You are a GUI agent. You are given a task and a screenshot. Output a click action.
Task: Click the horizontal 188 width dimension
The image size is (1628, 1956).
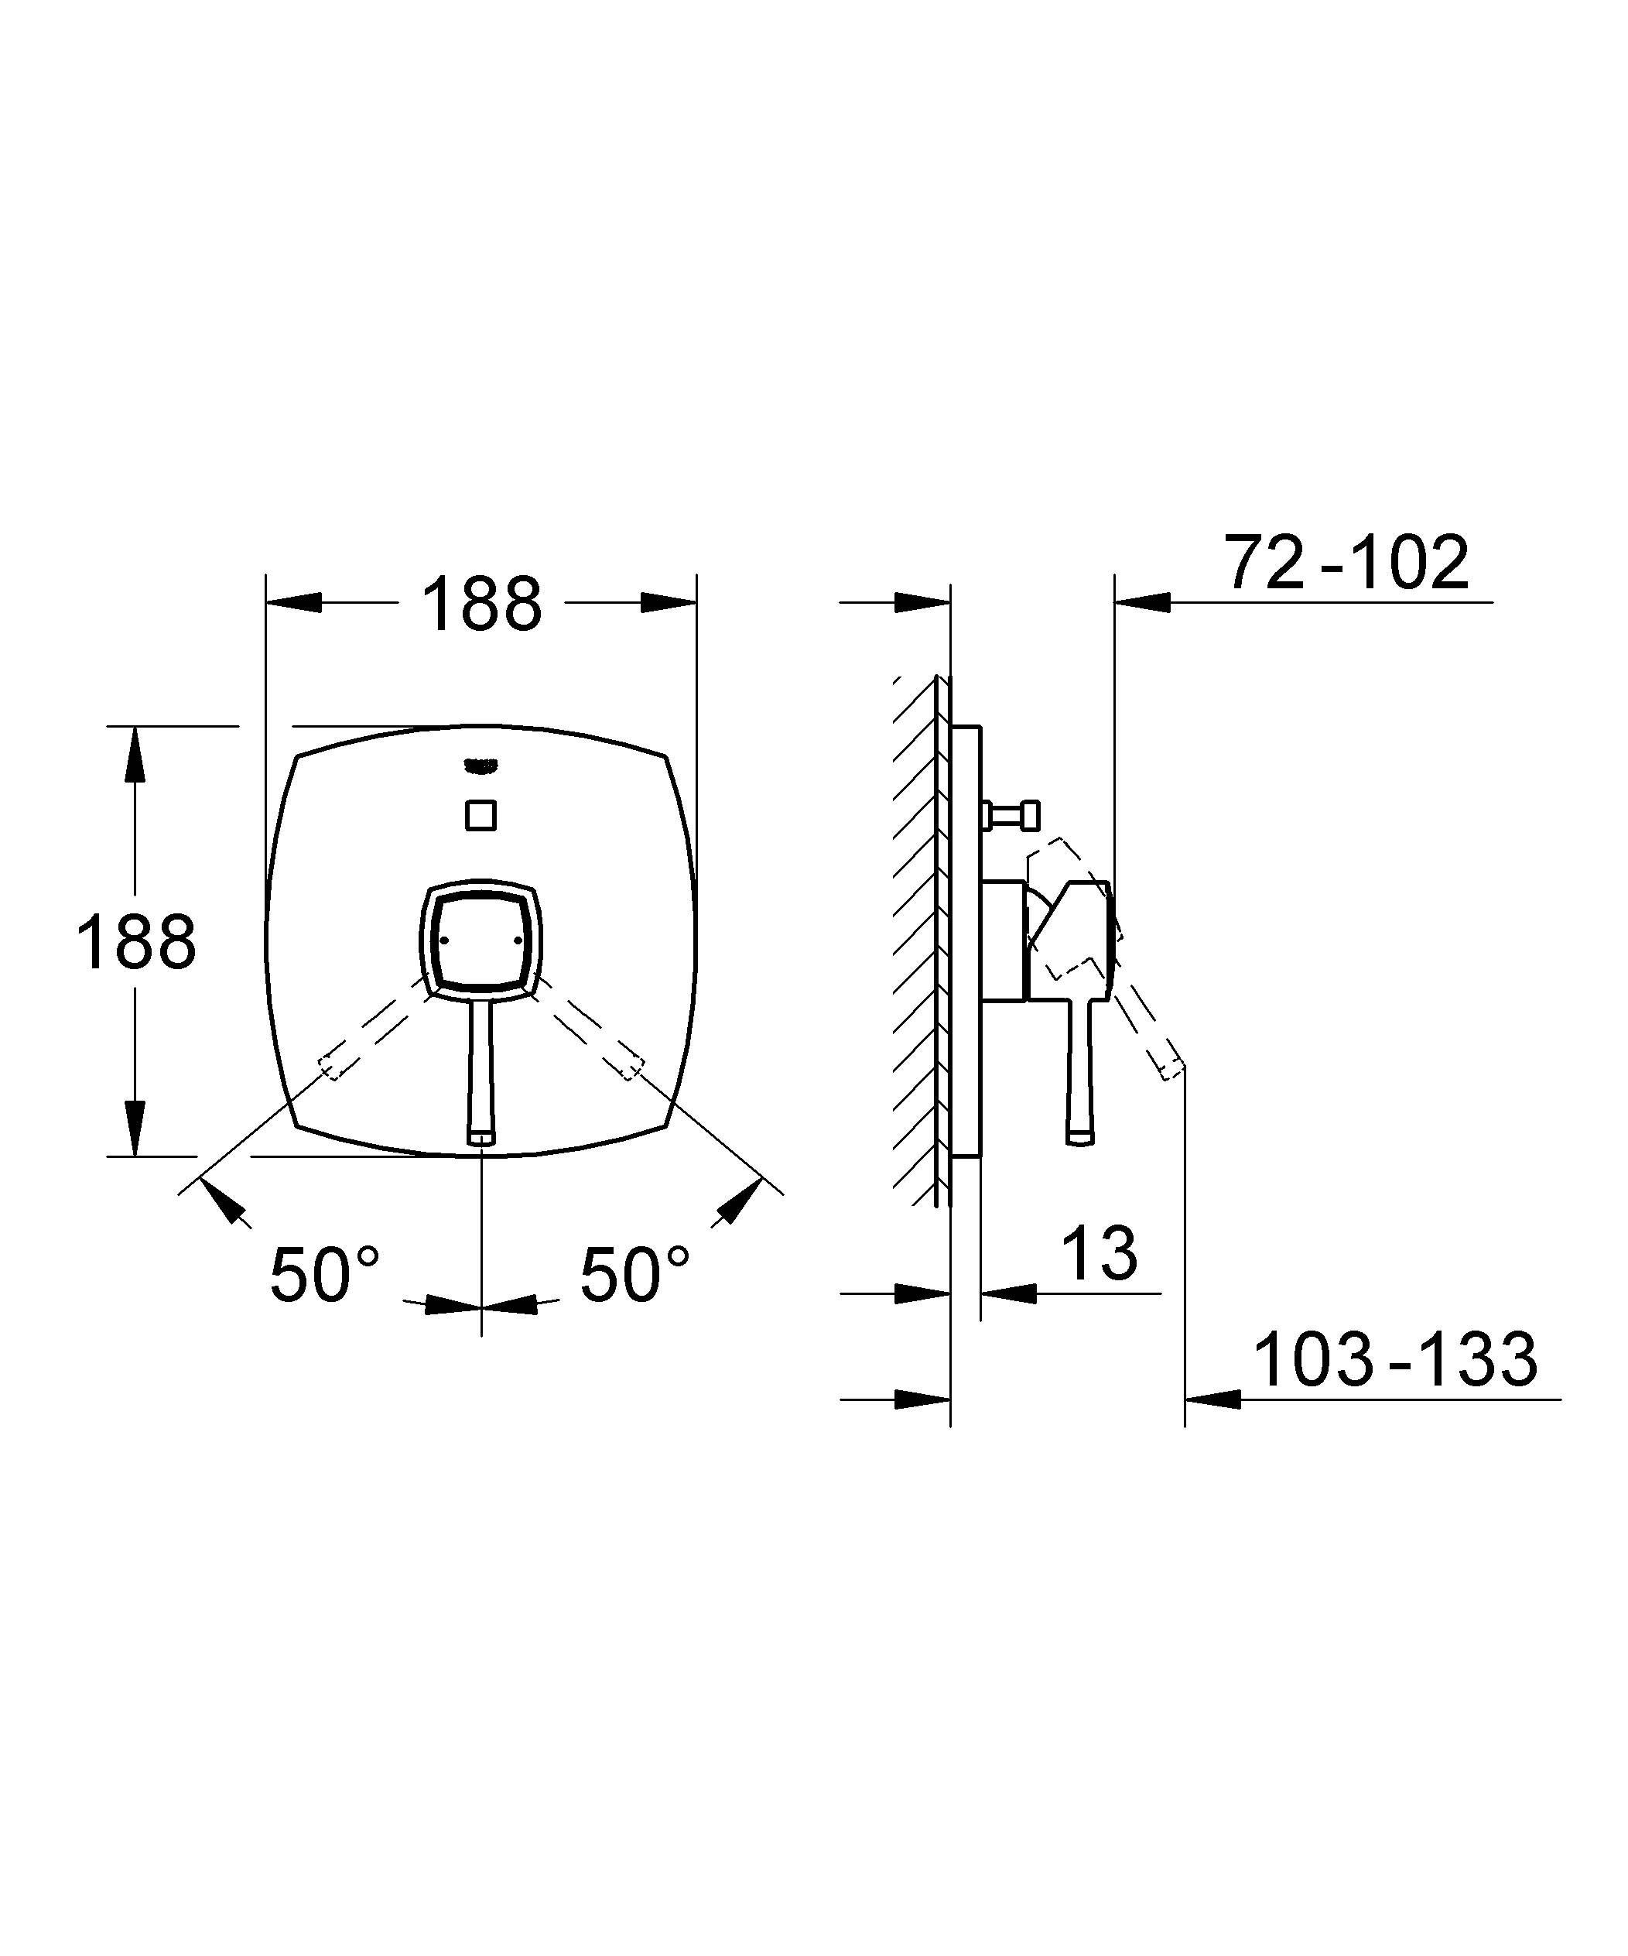(481, 604)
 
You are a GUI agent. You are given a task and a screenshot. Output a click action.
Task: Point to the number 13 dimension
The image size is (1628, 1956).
(1099, 1254)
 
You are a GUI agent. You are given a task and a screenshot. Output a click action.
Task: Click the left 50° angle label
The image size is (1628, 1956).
(325, 1274)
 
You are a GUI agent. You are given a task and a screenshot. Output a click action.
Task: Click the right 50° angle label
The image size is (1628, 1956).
(635, 1274)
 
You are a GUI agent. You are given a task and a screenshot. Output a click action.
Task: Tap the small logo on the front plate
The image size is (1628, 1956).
(481, 766)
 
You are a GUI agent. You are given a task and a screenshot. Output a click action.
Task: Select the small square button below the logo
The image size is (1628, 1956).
(481, 815)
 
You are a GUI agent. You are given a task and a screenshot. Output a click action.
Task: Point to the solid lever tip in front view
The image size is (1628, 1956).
(481, 1138)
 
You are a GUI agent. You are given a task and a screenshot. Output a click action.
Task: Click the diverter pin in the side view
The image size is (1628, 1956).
(1015, 816)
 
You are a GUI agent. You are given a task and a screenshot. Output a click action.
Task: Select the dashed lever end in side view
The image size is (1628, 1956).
(1171, 1067)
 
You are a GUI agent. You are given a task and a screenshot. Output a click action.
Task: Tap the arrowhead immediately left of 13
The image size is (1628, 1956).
(1007, 1293)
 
